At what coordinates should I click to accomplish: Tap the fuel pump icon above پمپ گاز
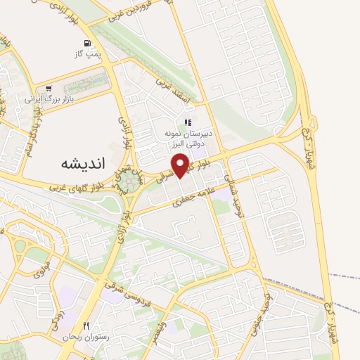87,42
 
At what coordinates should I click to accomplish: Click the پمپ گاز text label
89,53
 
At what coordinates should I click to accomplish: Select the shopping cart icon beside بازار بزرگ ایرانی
49,89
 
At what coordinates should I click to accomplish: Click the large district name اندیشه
78,163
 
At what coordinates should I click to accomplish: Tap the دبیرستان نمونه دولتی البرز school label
188,138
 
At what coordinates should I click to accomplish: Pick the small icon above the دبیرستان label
188,122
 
